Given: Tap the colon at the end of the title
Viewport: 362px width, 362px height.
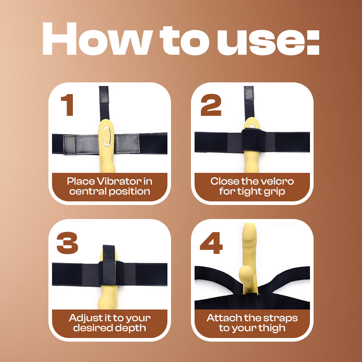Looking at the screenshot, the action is pos(313,42).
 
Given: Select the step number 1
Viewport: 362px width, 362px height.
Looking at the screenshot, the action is pos(67,105).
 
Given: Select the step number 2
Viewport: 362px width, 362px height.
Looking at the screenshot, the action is pos(211,105).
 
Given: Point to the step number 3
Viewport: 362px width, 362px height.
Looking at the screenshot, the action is pos(67,243).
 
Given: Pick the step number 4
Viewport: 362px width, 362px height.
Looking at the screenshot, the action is pos(211,243).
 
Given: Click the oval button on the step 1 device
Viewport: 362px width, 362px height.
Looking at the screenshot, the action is pos(106,136).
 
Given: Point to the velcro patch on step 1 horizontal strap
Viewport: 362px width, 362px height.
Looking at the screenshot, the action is pos(70,145).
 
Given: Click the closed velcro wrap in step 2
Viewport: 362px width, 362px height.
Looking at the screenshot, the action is pos(254,140).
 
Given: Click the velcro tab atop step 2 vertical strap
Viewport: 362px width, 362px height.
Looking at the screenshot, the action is pos(249,93).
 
